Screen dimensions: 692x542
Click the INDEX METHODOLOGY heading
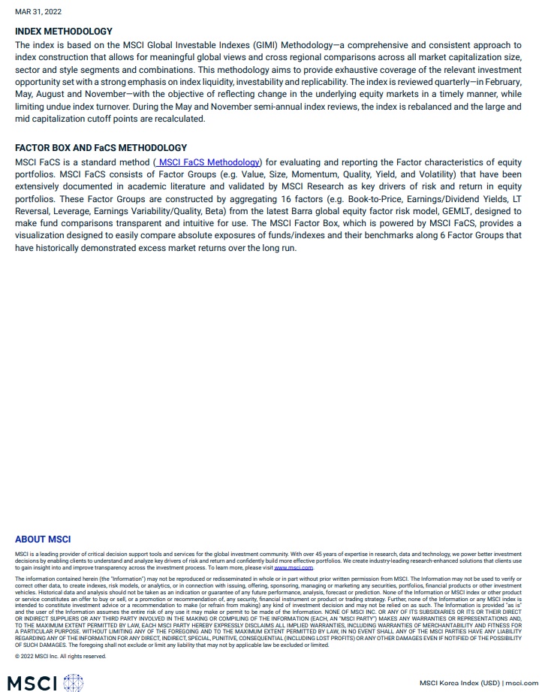point(64,32)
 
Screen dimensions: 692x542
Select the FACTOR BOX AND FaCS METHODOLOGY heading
point(101,148)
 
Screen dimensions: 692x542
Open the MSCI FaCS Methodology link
point(209,162)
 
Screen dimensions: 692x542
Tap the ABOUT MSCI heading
point(43,539)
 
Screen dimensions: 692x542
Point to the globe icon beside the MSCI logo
point(74,683)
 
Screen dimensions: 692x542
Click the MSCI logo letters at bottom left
point(32,683)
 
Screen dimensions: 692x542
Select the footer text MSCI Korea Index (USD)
point(459,683)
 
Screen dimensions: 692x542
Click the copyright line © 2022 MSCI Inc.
point(61,656)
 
